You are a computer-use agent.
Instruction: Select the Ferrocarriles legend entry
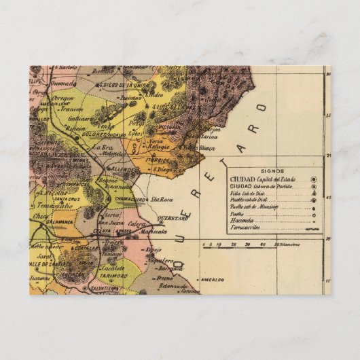[247, 230]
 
